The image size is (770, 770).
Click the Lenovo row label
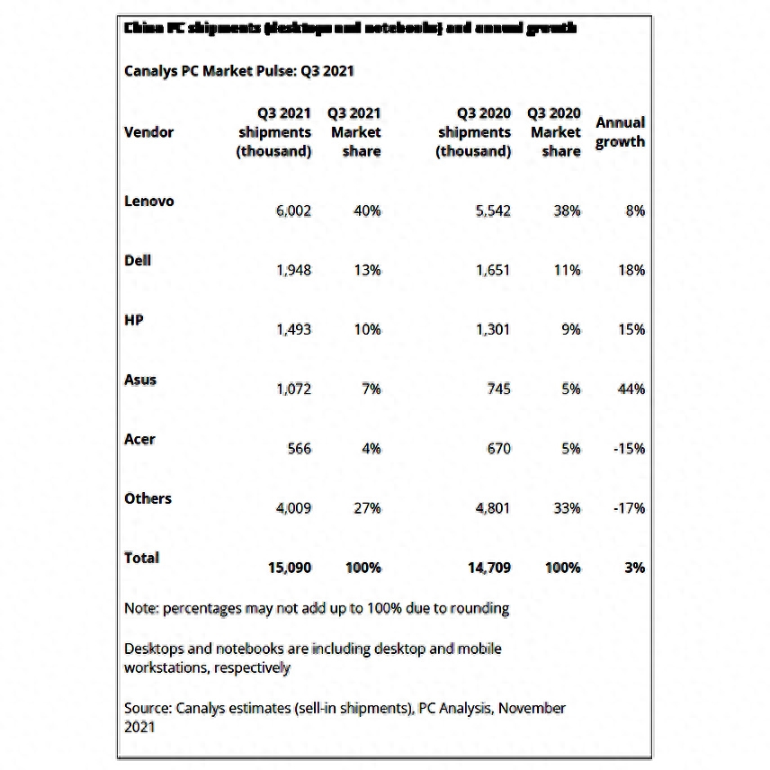[x=148, y=201]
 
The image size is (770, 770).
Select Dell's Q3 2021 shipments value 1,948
[x=293, y=270]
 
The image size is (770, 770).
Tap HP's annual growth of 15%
[x=631, y=329]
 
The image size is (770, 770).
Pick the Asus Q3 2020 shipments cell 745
[x=497, y=389]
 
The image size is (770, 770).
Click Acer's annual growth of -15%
[x=629, y=448]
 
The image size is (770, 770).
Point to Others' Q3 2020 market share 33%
[x=566, y=507]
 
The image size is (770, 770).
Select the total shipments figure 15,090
[x=290, y=568]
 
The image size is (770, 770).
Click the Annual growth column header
[x=620, y=131]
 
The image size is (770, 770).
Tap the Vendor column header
[x=148, y=132]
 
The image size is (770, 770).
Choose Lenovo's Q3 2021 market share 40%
[x=366, y=210]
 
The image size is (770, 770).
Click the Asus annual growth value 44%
[x=631, y=389]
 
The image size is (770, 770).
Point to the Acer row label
[x=139, y=439]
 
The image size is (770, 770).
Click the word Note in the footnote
[x=140, y=608]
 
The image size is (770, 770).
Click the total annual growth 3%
[x=635, y=568]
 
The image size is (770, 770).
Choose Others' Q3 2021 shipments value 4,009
[x=293, y=507]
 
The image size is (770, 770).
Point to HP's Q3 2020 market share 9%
[x=570, y=329]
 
